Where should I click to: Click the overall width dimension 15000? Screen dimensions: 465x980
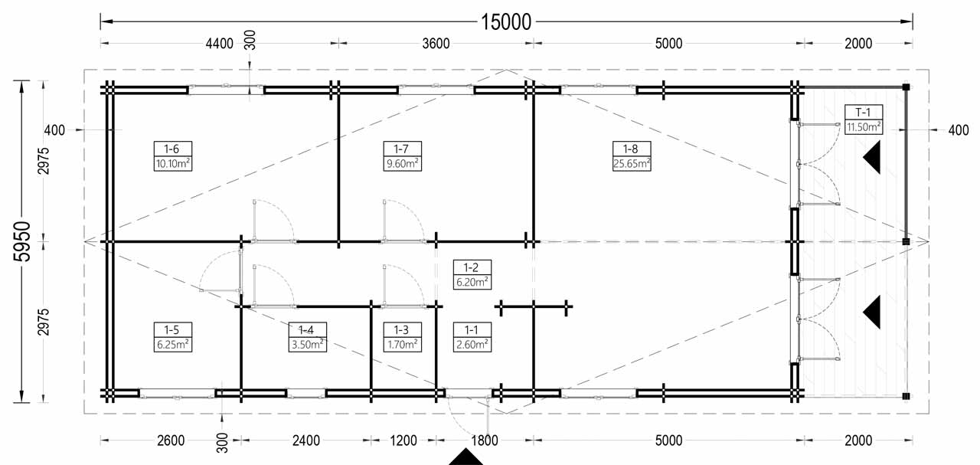pos(506,21)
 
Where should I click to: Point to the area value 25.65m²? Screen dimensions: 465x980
pos(631,162)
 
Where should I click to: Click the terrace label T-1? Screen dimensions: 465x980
pos(863,113)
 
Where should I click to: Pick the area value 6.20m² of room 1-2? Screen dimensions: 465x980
pos(472,281)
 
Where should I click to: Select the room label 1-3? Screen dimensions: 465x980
pos(401,330)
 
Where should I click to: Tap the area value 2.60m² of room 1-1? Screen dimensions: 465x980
pos(472,344)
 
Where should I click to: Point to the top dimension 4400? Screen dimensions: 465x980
pos(219,44)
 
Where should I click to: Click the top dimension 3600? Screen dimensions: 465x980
pos(436,44)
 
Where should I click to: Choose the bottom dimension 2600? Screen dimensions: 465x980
pos(170,440)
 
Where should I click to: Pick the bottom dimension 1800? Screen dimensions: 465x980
pos(485,440)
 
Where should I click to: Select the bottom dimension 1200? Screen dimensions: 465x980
pos(403,440)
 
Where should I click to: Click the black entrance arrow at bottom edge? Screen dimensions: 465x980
pos(465,457)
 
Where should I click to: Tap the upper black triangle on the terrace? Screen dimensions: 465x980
pos(872,159)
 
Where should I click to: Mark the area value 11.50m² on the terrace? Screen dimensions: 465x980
pos(863,126)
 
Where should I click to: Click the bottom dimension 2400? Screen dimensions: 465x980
pos(305,440)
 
